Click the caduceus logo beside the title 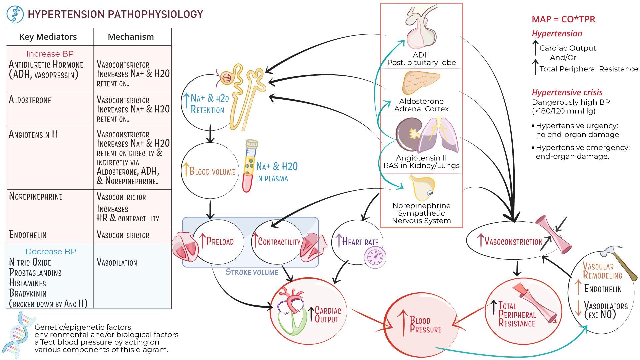pyautogui.click(x=15, y=14)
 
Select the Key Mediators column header pyautogui.click(x=48, y=37)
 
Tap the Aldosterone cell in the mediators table pyautogui.click(x=30, y=100)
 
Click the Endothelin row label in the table pyautogui.click(x=28, y=235)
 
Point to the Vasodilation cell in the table pyautogui.click(x=117, y=263)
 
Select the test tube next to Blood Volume pyautogui.click(x=250, y=166)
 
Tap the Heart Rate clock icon pyautogui.click(x=375, y=258)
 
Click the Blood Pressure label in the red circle pyautogui.click(x=425, y=325)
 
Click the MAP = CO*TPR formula pyautogui.click(x=563, y=19)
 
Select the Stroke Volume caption pyautogui.click(x=252, y=272)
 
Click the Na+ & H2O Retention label pyautogui.click(x=209, y=104)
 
